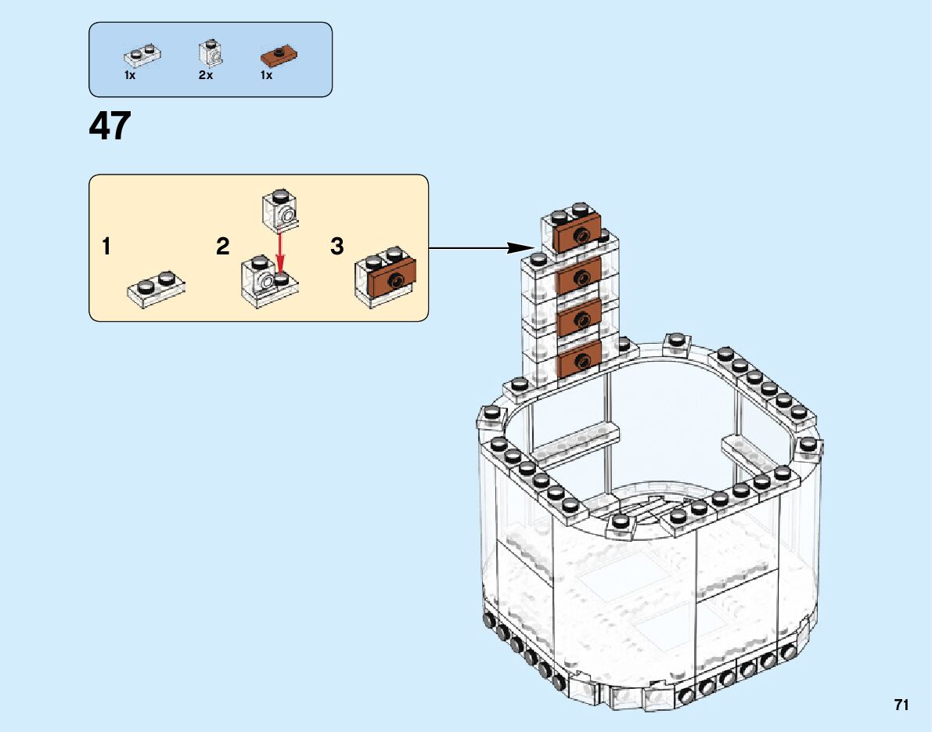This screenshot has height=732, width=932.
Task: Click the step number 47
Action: (x=110, y=126)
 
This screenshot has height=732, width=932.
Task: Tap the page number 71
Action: (x=901, y=705)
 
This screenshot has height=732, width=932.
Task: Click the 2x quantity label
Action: (x=206, y=76)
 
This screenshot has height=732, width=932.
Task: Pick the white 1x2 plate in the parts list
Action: (x=142, y=55)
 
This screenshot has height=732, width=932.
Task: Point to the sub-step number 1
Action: (x=106, y=247)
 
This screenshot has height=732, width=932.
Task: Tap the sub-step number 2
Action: (x=223, y=247)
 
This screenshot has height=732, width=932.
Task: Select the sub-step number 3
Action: (x=337, y=247)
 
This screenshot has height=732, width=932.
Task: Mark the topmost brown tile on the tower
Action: (x=578, y=234)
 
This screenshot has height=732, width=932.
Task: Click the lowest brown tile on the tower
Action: (x=580, y=360)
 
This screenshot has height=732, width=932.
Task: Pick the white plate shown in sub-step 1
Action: (x=157, y=287)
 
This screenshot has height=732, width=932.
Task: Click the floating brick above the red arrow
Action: (x=279, y=207)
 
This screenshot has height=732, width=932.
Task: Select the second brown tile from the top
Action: (x=579, y=276)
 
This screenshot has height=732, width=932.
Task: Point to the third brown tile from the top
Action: (x=580, y=318)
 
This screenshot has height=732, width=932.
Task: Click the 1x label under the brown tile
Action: (x=266, y=76)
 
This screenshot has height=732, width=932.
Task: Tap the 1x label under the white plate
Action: (x=130, y=76)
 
